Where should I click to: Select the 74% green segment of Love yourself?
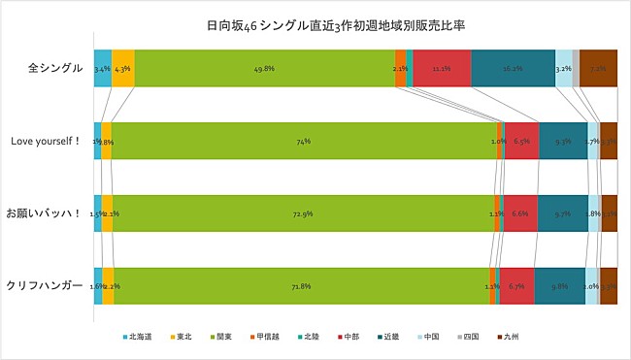click(304, 142)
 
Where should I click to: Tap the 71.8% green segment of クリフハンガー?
click(301, 285)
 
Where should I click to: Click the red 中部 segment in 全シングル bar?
click(442, 69)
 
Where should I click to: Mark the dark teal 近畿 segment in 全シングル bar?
click(513, 69)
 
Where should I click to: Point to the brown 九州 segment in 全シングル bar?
click(598, 69)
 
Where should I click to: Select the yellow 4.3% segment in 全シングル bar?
click(123, 69)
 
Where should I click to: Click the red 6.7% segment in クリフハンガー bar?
click(516, 285)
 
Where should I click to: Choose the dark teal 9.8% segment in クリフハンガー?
click(559, 285)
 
